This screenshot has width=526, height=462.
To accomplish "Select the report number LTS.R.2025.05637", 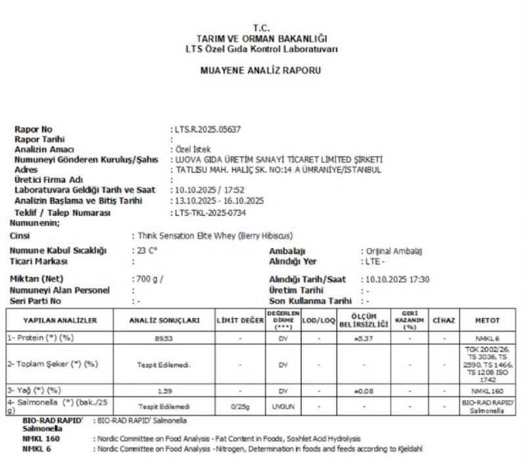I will pyautogui.click(x=205, y=129).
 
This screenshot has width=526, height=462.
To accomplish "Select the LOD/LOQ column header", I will pyautogui.click(x=318, y=320).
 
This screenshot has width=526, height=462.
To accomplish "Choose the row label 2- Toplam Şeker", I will pyautogui.click(x=53, y=363).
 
